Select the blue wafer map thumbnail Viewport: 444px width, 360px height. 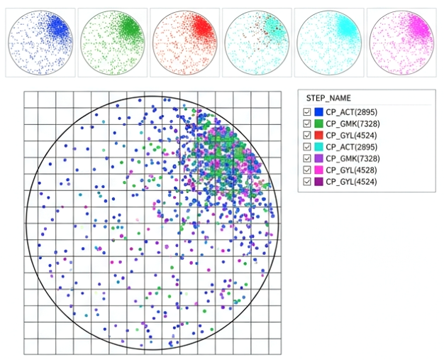coord(40,42)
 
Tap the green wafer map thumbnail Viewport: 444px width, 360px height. coord(112,42)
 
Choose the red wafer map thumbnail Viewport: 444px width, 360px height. coord(184,42)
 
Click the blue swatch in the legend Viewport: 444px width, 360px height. coord(319,112)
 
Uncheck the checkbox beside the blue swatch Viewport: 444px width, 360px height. coord(307,112)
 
